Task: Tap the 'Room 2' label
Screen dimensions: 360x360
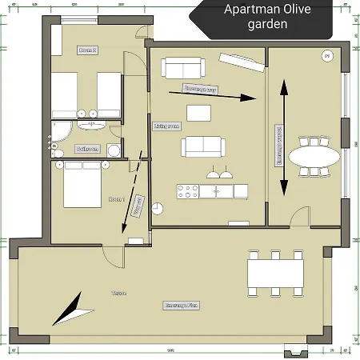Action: coord(88,50)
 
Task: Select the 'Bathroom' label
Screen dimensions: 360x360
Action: coord(87,149)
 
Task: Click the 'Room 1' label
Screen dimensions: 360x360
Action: coord(117,198)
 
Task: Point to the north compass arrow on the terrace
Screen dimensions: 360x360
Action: coord(70,309)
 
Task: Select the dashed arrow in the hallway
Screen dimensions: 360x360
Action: coord(134,193)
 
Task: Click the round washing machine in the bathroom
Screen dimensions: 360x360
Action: coord(114,150)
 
